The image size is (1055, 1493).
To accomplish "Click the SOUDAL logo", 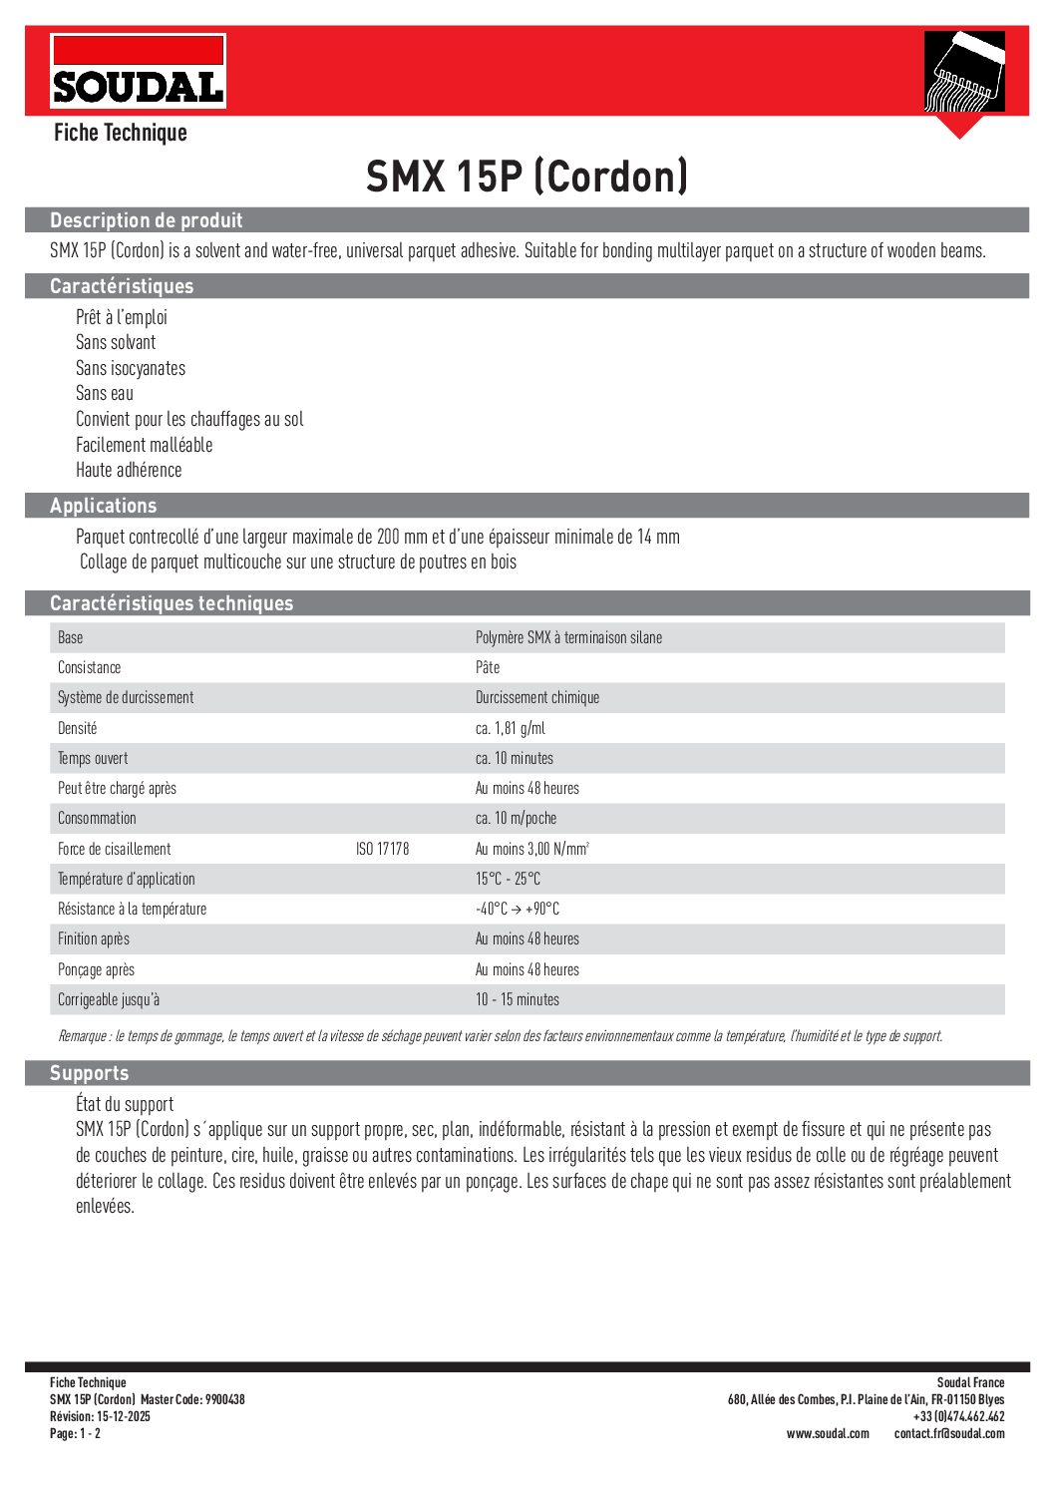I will [138, 71].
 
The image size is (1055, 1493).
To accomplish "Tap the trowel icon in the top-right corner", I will [963, 72].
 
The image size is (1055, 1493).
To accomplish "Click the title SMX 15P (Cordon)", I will [527, 177].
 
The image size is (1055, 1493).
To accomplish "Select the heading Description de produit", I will [147, 220].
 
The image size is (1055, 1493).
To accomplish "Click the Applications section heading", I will [104, 506].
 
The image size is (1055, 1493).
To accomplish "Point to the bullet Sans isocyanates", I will [131, 368].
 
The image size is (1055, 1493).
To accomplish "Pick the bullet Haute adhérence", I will [129, 470].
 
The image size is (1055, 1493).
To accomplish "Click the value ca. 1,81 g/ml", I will [511, 728].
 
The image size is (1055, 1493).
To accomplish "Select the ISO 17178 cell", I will [382, 849].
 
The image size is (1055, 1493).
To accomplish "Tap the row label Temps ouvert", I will [93, 758].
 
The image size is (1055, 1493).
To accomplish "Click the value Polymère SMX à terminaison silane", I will [568, 637].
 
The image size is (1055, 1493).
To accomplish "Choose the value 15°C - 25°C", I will [508, 879].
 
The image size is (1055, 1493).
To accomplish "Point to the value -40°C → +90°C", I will [517, 909].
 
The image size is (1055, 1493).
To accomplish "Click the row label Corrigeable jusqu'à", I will [109, 999].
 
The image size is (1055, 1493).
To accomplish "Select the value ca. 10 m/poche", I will [516, 818].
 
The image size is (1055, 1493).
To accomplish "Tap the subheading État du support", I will [125, 1104].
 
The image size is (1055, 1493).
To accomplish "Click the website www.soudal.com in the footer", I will [828, 1433].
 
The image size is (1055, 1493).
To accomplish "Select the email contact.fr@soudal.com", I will [949, 1433].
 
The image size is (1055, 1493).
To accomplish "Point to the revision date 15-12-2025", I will [124, 1416].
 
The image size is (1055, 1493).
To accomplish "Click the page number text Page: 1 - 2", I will [75, 1433].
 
